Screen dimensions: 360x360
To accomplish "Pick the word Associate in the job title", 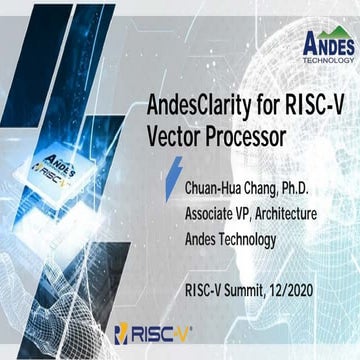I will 209,215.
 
